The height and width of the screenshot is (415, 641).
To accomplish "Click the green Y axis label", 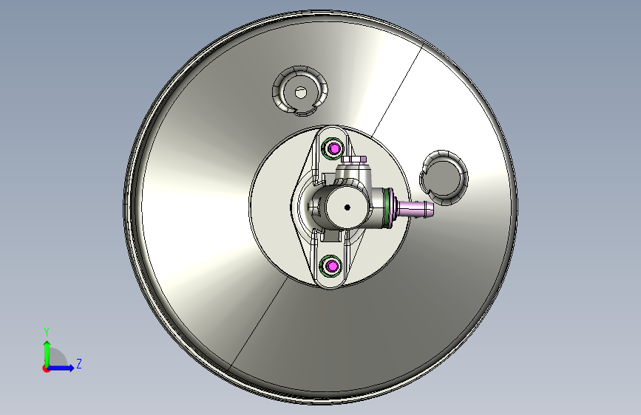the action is point(47,332).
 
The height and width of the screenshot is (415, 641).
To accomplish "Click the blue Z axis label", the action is point(79,363).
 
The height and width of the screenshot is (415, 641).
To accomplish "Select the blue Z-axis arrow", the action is point(61,368).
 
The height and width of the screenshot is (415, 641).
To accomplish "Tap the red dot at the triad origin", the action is point(46,368).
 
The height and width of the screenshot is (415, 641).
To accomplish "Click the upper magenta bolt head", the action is point(335,148).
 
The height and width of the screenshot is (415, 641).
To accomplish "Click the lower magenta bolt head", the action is point(333,267).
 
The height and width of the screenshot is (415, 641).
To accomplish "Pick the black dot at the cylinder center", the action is point(347,207).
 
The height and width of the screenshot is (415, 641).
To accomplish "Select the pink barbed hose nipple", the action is point(414,208).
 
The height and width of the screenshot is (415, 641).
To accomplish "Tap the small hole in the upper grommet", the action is point(301,93).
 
